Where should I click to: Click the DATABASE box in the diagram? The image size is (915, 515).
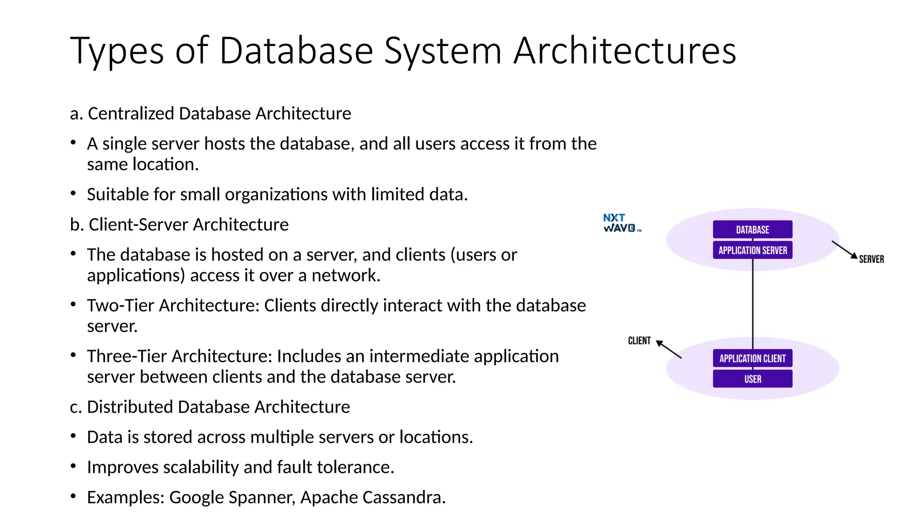[752, 229]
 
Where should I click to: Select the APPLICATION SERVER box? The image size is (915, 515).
[752, 250]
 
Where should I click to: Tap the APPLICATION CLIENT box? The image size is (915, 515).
[752, 358]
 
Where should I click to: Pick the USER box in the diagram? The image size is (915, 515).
[752, 379]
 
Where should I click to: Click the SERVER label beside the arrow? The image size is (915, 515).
[871, 259]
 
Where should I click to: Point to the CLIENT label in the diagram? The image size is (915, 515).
[639, 341]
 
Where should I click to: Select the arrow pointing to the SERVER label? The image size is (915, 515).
[844, 249]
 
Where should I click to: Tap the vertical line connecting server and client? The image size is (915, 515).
[753, 304]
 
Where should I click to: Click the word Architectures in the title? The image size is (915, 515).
[625, 51]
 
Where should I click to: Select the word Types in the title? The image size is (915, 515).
[117, 51]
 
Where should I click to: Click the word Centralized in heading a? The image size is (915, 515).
[131, 114]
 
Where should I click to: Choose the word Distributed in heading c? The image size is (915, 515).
[130, 407]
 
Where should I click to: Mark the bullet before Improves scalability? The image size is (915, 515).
[73, 466]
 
